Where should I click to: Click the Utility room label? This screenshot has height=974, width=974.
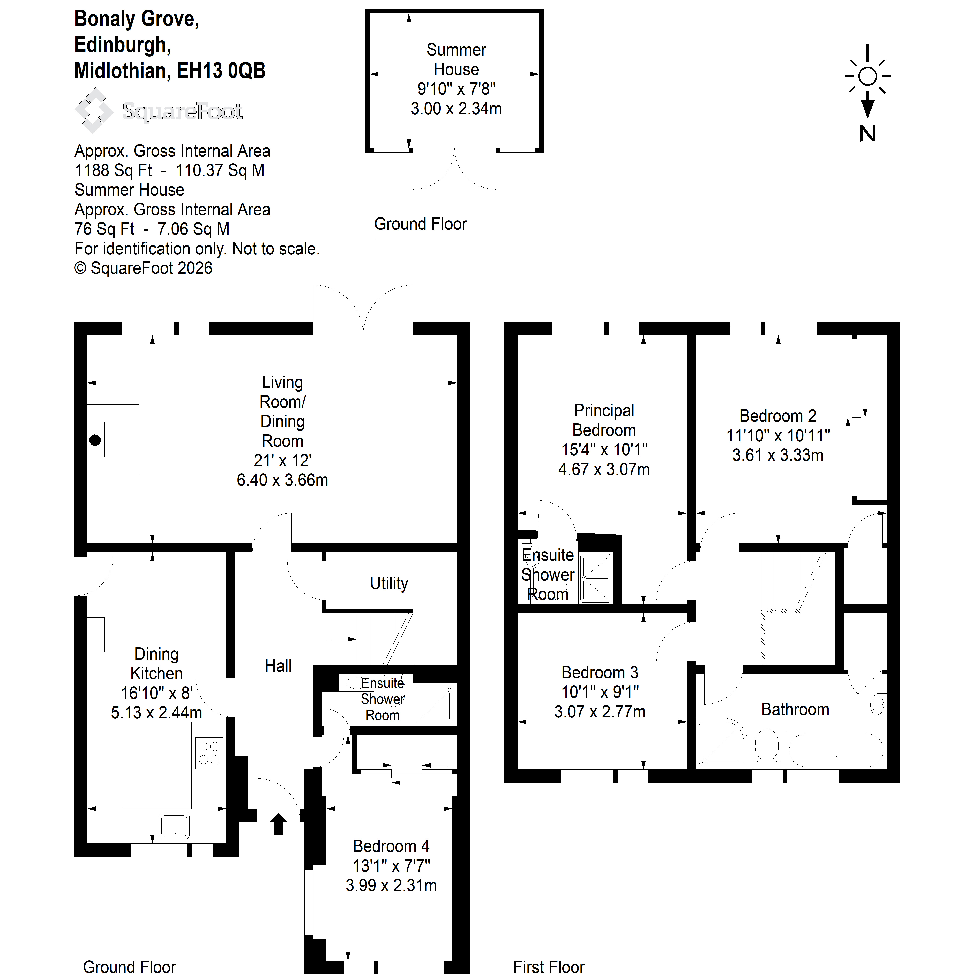tap(389, 583)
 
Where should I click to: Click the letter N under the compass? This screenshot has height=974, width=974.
tap(867, 134)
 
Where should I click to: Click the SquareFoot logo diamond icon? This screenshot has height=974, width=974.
tap(94, 110)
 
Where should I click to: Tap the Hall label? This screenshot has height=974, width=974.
tap(278, 666)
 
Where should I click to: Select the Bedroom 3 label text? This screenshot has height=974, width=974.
tap(600, 672)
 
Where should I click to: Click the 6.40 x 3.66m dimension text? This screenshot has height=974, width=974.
tap(282, 480)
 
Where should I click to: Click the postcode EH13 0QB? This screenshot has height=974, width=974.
tap(221, 71)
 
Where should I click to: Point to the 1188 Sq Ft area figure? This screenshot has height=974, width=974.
tap(113, 170)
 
